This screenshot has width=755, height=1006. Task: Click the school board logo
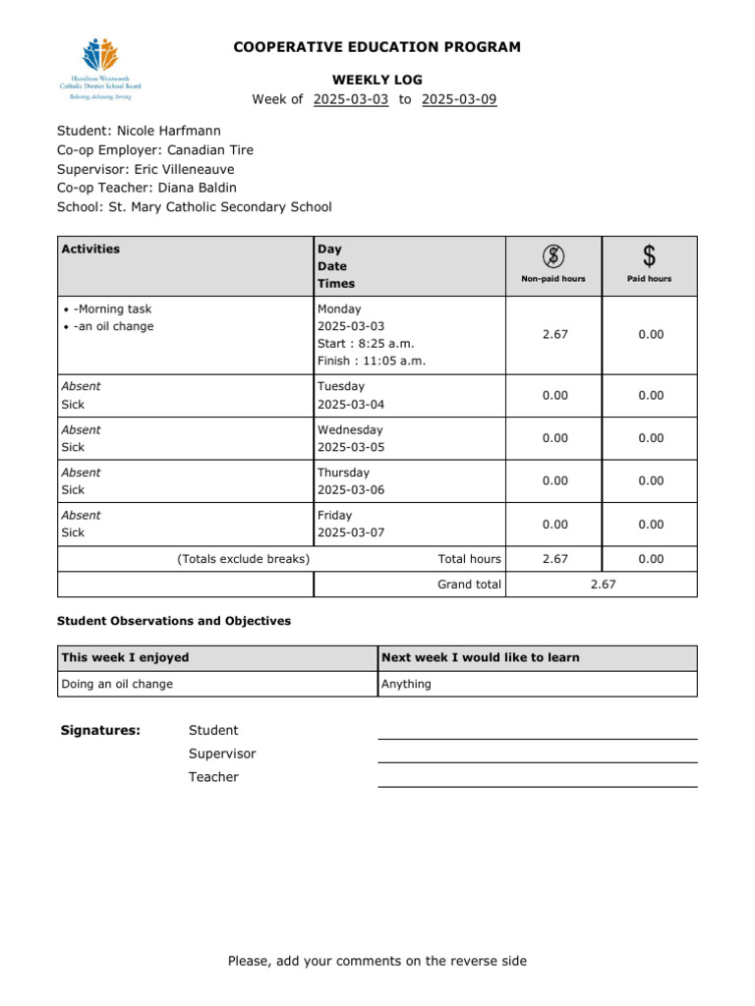point(100,68)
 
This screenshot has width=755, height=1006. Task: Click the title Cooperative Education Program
point(377,47)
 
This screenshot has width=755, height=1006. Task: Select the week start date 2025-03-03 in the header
point(351,99)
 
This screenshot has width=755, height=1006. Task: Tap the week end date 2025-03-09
point(459,99)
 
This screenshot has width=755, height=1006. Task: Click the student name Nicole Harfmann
point(168,131)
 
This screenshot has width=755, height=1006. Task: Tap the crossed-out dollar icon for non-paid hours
point(553,256)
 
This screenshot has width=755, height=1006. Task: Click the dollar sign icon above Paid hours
point(649,256)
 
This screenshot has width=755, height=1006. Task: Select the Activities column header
point(91,250)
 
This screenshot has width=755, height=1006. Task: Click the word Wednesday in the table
point(350,429)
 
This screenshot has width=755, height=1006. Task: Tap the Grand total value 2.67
point(603,585)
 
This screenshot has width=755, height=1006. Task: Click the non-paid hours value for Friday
point(554,525)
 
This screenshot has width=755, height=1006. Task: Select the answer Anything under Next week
point(406,684)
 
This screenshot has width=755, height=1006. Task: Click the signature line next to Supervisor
point(537,760)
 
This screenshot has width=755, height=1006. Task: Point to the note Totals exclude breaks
point(244,559)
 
